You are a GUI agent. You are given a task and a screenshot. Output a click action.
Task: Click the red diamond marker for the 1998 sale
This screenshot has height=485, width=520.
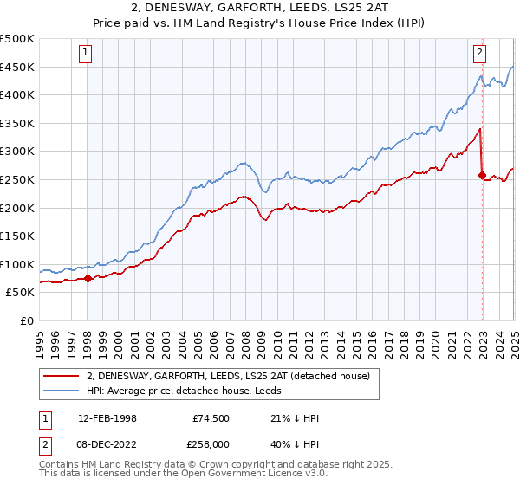[x=88, y=278]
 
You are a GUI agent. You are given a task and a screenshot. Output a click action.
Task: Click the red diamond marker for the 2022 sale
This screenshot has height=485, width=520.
[x=482, y=175]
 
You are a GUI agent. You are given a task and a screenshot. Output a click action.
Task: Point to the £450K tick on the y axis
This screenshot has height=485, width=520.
[x=17, y=67]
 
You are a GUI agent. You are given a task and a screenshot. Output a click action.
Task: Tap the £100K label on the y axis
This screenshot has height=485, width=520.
[x=17, y=264]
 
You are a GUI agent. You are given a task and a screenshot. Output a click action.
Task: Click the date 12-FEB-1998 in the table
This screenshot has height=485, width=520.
[x=107, y=418]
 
